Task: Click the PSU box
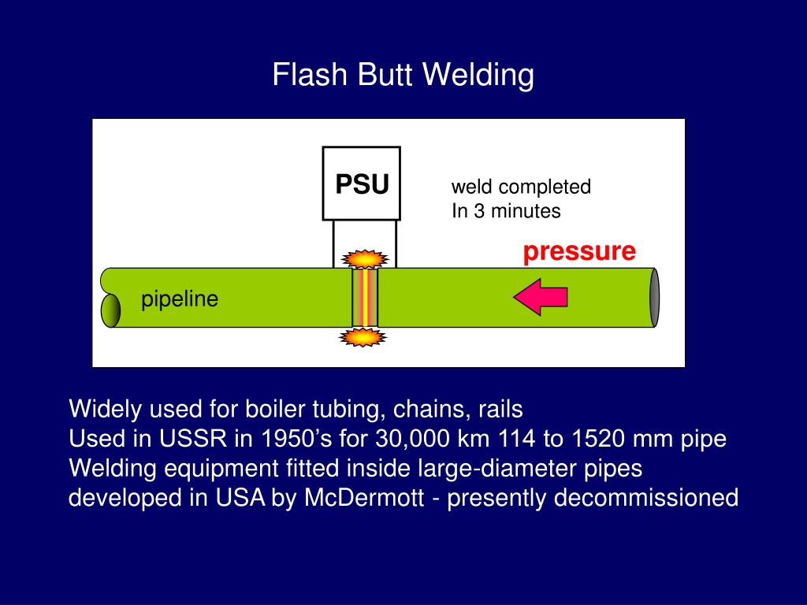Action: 361,184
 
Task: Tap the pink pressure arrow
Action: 541,297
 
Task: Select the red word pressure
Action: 579,252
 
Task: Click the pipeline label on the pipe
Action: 180,299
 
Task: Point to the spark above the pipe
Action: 365,258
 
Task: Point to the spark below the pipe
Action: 363,337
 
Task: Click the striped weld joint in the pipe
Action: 365,297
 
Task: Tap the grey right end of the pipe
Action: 654,297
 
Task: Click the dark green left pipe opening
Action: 110,310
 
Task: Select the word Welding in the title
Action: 478,75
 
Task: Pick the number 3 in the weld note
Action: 479,211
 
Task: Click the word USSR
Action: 192,439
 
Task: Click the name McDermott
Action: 364,498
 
